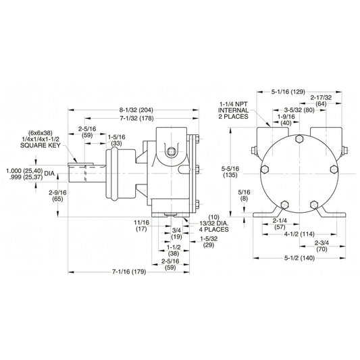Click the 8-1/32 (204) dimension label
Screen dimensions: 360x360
click(x=136, y=110)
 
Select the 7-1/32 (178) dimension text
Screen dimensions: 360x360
click(x=137, y=118)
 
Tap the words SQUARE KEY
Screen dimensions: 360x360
click(x=40, y=145)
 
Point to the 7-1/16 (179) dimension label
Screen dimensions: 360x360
click(x=129, y=272)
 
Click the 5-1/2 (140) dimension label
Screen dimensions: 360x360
click(x=299, y=258)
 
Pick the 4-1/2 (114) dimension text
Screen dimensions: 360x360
click(x=299, y=234)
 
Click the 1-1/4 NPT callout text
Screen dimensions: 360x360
click(x=233, y=104)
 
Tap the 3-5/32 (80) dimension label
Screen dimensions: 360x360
click(x=299, y=110)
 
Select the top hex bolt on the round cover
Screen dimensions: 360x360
click(x=299, y=138)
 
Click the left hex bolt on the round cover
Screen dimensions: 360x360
click(x=265, y=170)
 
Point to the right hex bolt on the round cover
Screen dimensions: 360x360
click(x=334, y=170)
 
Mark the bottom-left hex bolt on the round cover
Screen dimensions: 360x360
click(x=284, y=205)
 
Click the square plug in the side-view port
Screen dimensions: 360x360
click(x=171, y=152)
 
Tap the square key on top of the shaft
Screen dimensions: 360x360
click(x=80, y=164)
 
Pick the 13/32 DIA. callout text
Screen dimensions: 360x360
click(x=213, y=223)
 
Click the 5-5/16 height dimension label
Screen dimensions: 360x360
click(x=230, y=172)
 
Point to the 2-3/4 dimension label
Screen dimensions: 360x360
click(x=322, y=246)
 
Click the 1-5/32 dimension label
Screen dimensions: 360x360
click(x=209, y=242)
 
